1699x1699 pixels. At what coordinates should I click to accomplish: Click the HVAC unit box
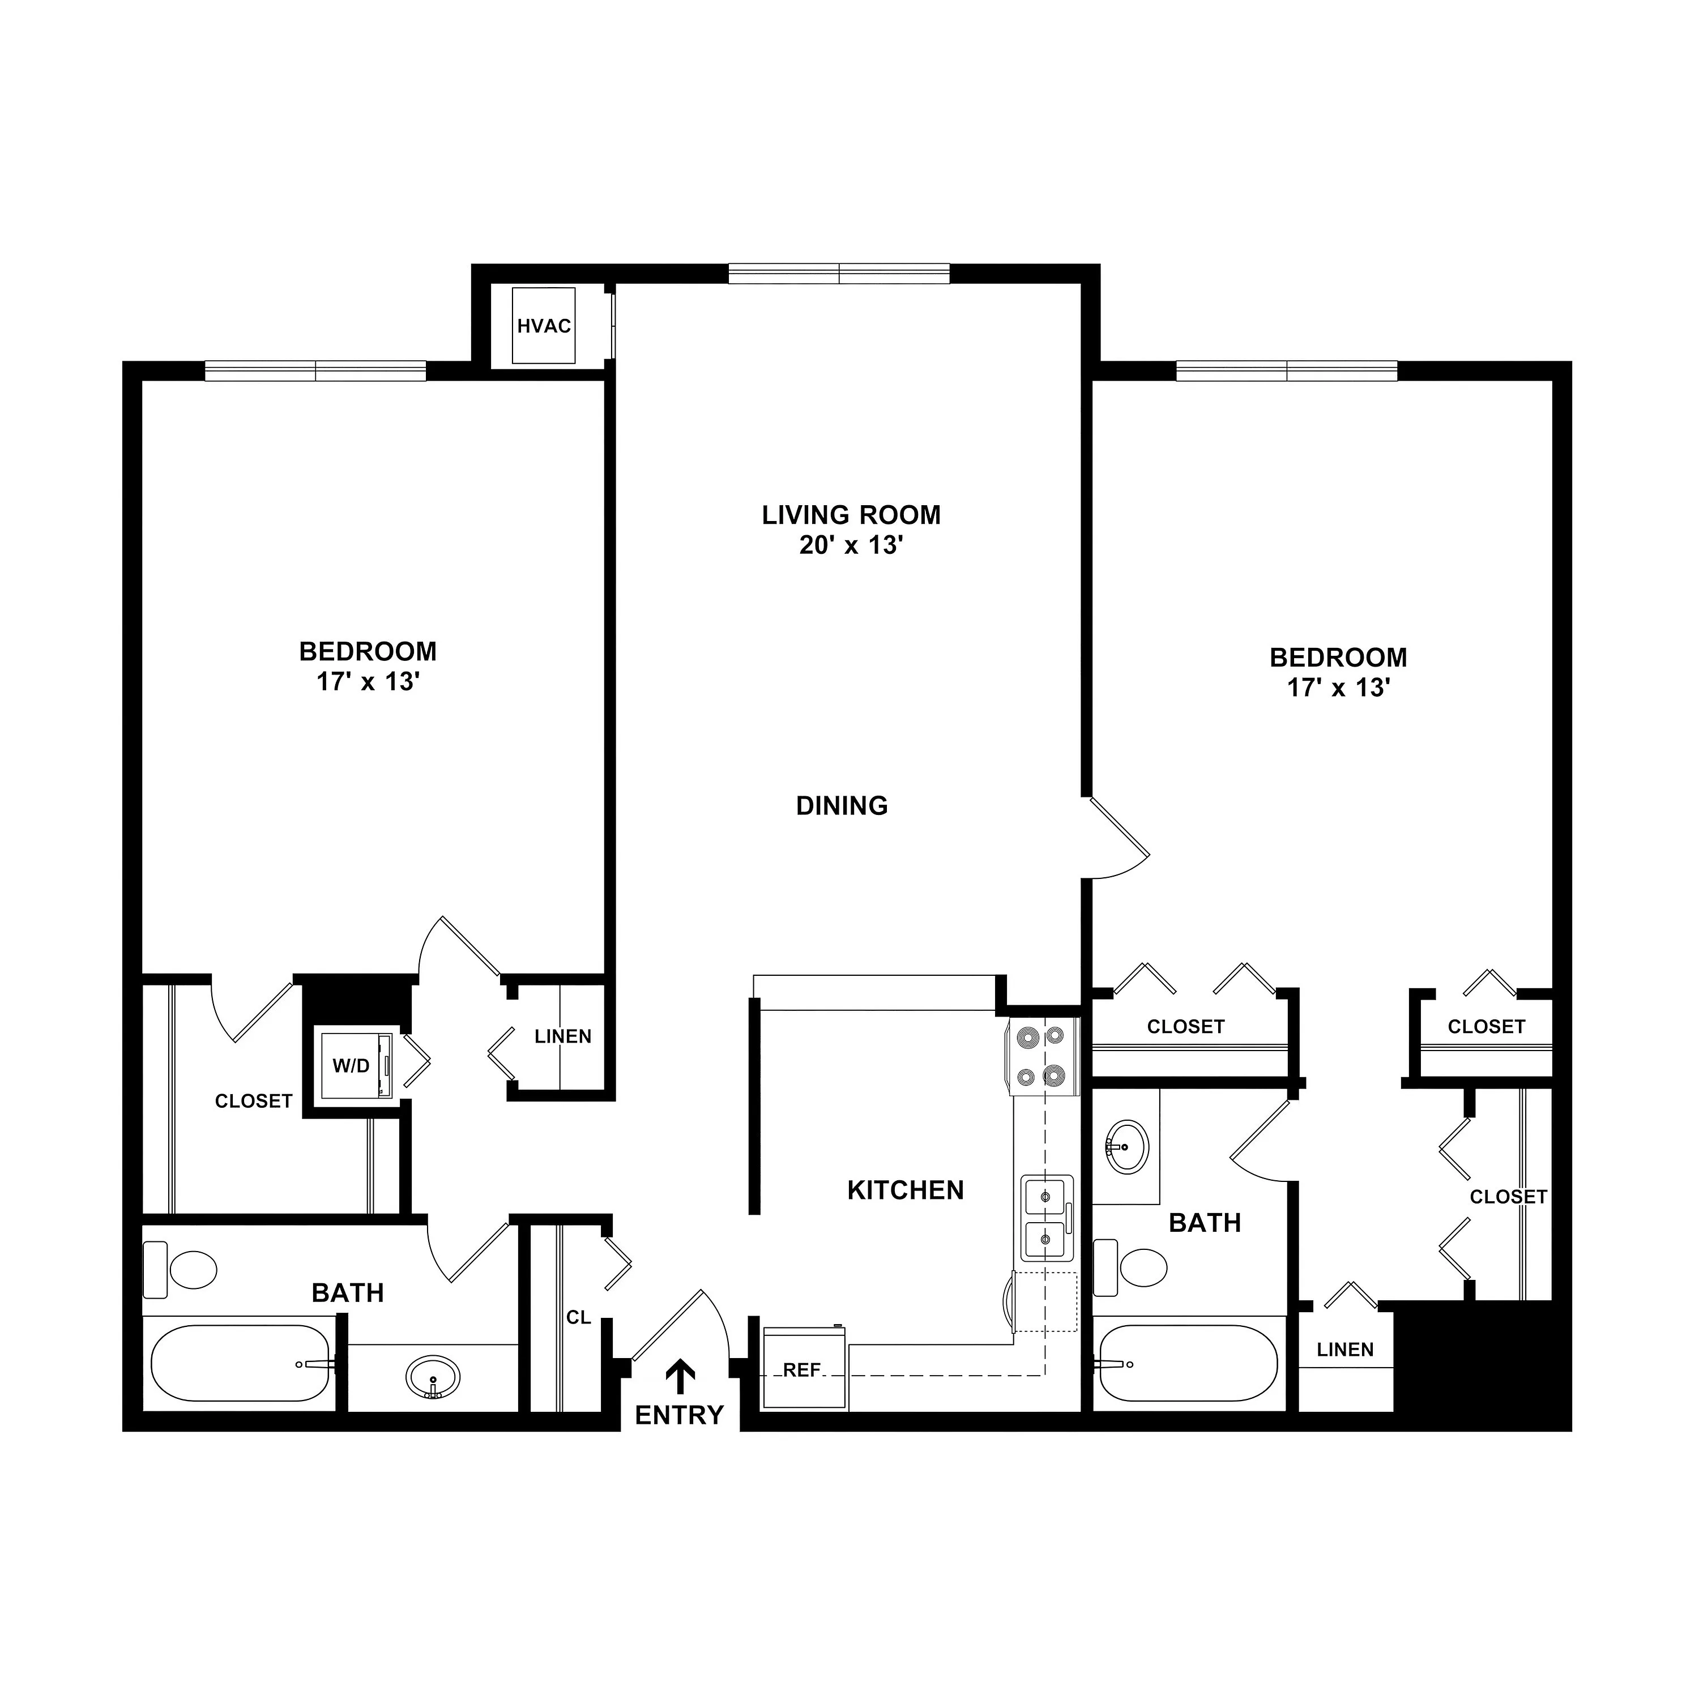544,326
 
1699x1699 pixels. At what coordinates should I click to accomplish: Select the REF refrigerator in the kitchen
804,1368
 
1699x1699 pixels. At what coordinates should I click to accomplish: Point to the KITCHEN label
906,1190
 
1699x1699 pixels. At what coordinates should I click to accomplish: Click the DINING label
842,805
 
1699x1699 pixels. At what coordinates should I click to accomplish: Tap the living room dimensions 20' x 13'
851,545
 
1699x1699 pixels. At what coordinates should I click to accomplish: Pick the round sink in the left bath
433,1376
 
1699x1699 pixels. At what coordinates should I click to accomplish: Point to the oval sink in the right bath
1126,1147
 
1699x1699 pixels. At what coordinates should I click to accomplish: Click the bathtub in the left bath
240,1363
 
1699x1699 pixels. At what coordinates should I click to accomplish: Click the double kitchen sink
1047,1218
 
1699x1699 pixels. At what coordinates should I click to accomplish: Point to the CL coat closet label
579,1317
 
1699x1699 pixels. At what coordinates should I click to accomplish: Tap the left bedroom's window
315,371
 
